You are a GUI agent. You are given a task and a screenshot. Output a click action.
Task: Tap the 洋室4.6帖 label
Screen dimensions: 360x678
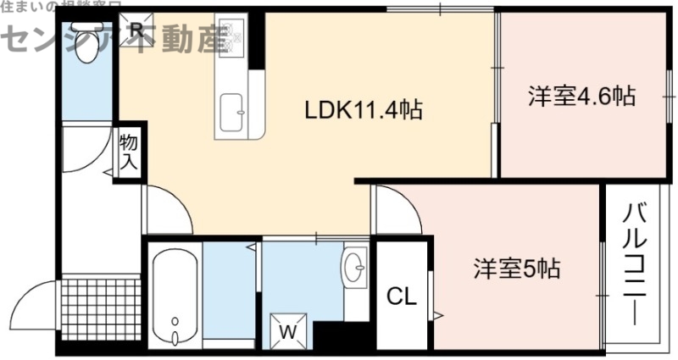pos(582,97)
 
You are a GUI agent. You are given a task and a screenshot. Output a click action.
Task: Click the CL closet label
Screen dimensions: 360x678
pos(402,296)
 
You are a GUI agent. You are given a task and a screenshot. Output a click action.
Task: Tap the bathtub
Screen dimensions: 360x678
pos(174,296)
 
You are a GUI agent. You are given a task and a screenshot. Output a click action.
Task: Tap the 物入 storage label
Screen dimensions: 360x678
pos(128,151)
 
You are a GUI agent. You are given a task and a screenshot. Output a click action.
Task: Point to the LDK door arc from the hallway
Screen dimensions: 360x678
pos(169,208)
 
